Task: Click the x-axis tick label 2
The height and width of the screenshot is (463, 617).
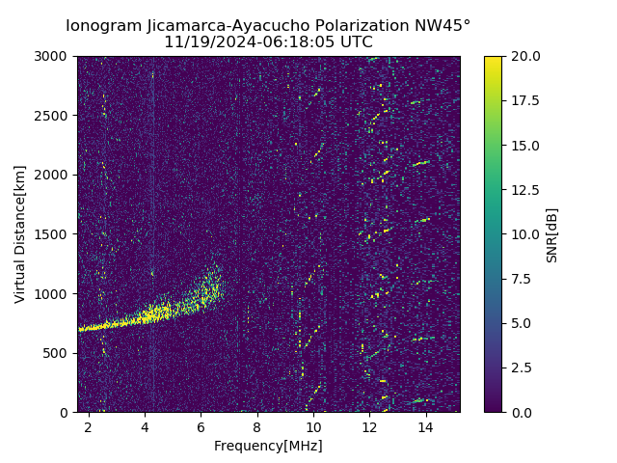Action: click(x=89, y=426)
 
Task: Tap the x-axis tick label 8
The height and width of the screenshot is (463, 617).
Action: click(x=257, y=426)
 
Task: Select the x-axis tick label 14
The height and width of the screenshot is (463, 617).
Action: click(x=425, y=426)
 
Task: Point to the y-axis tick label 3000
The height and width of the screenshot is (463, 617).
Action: click(x=53, y=57)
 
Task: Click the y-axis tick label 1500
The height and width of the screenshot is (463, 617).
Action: click(x=53, y=234)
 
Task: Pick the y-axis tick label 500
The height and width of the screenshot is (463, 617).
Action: click(x=57, y=353)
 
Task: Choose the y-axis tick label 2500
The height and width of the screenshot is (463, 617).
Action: click(x=53, y=116)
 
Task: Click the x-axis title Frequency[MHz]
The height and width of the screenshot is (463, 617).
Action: click(x=268, y=446)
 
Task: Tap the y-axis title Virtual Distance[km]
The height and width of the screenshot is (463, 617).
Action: click(x=20, y=234)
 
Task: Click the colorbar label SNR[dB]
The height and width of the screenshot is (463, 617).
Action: click(x=552, y=234)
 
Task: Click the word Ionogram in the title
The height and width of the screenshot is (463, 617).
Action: click(x=102, y=26)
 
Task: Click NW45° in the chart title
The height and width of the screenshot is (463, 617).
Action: click(x=447, y=26)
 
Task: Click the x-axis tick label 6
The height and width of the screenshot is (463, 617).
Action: click(x=201, y=426)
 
